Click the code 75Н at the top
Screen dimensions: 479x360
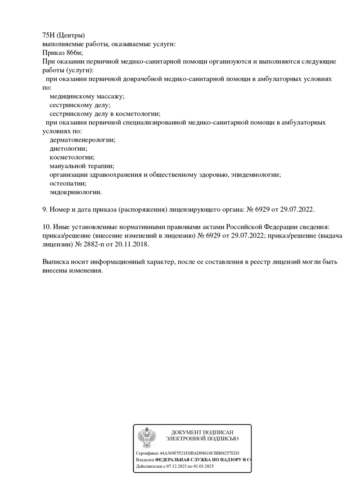[x=49, y=36]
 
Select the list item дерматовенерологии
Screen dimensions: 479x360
[x=82, y=140]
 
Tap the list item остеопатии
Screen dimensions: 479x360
[x=68, y=184]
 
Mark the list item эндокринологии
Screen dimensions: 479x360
[x=76, y=192]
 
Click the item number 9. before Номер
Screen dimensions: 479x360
[x=45, y=210]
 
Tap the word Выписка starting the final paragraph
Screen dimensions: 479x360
[x=56, y=262]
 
